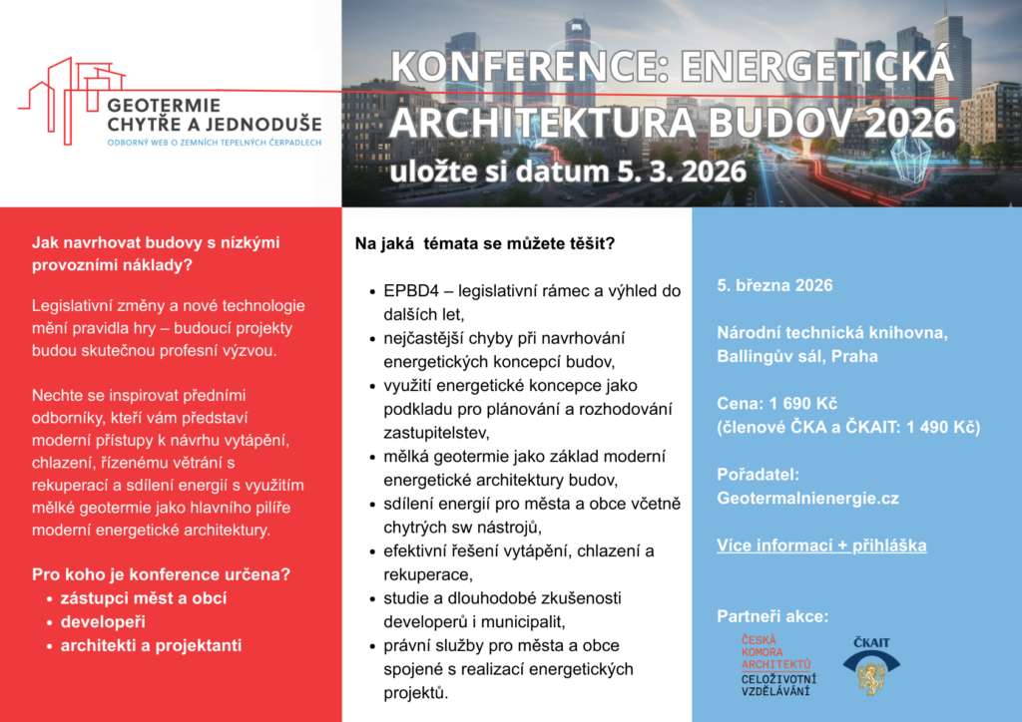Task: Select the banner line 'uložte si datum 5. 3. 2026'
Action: coord(568,171)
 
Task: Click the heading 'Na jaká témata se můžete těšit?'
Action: coord(485,243)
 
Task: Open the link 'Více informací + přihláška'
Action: coord(821,545)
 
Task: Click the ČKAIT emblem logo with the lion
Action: coord(870,664)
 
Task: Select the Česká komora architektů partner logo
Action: coord(777,665)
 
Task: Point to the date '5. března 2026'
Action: coord(774,285)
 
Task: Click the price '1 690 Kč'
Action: coord(802,403)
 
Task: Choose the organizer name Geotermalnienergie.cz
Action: coord(808,497)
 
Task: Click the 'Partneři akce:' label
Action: coord(772,615)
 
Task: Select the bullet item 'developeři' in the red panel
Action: coord(104,621)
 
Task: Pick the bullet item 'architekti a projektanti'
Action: coord(151,645)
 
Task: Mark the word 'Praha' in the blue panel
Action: coord(854,356)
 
